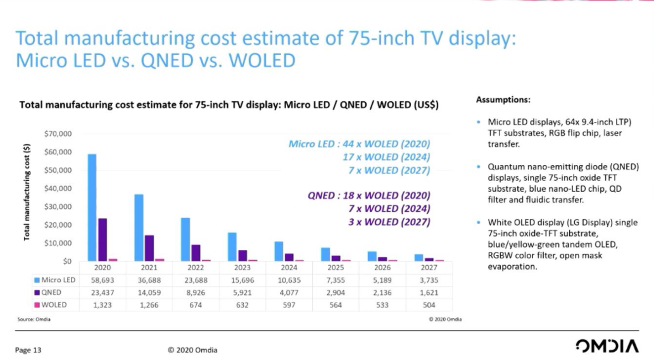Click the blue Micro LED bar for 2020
click(x=92, y=207)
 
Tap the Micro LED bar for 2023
click(x=232, y=247)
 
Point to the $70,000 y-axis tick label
click(x=58, y=134)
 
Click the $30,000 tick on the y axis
click(x=58, y=207)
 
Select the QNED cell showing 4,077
click(x=289, y=292)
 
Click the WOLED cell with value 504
click(x=429, y=304)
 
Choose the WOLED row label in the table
click(x=54, y=304)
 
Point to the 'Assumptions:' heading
click(x=503, y=100)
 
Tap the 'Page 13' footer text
click(x=28, y=350)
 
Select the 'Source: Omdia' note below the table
click(x=34, y=319)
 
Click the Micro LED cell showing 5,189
click(x=382, y=280)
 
